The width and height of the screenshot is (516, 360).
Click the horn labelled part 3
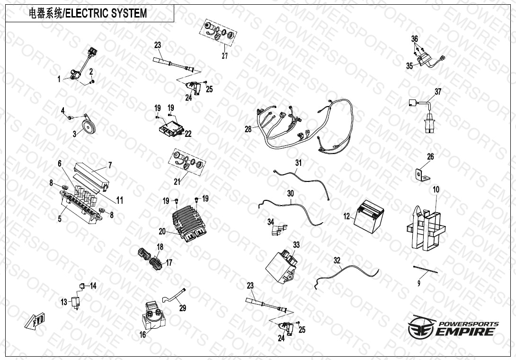pos(87,125)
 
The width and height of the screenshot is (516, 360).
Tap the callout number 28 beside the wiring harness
pos(248,129)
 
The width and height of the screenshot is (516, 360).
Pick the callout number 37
pos(438,92)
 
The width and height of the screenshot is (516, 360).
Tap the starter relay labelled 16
pos(152,315)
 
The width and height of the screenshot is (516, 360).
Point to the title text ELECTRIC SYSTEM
pos(105,13)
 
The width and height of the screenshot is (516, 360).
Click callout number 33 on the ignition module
pos(296,245)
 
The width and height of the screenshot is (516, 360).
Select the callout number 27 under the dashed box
pos(225,55)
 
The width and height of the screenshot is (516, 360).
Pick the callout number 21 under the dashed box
pos(178,181)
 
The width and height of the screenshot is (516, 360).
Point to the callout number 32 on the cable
pos(337,260)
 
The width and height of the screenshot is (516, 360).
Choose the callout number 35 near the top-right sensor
pos(409,66)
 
